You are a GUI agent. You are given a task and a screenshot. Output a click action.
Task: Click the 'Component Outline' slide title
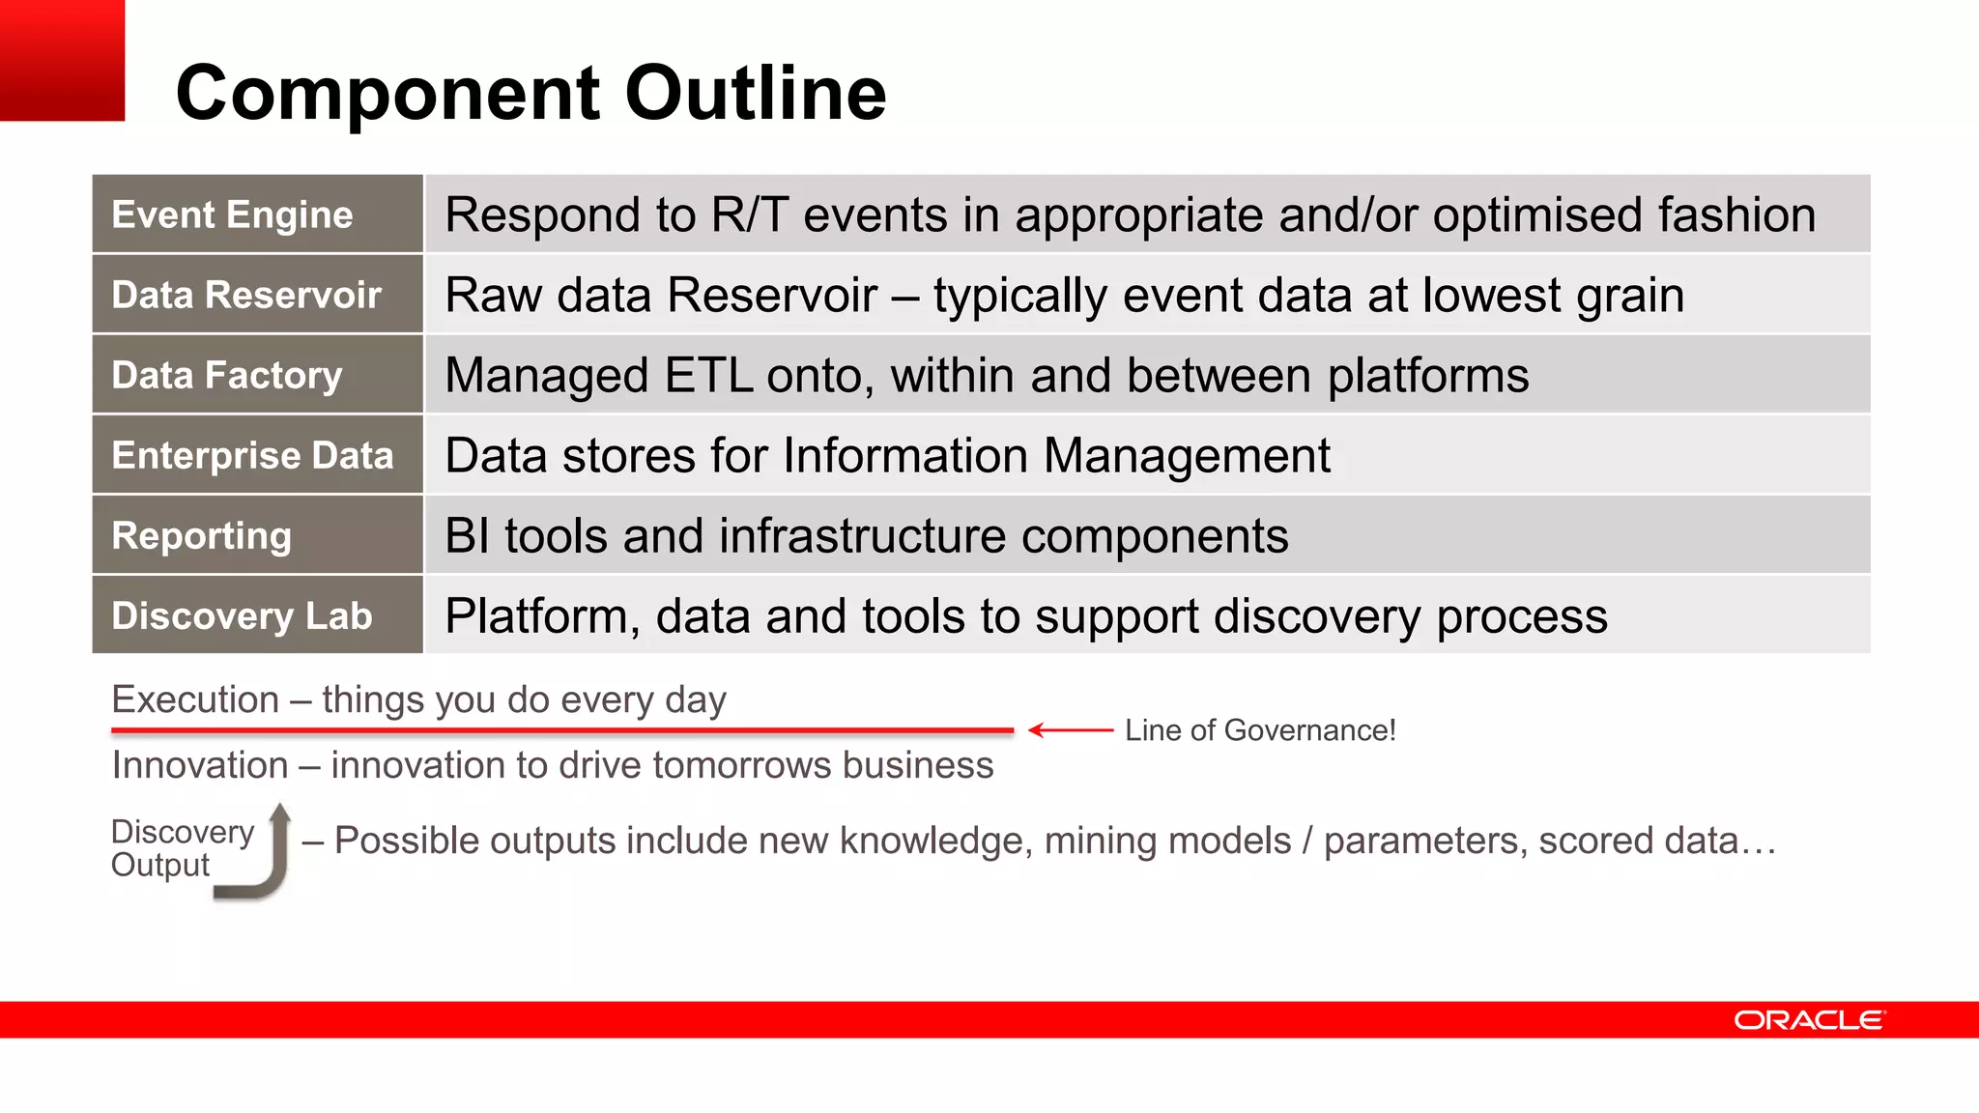pos(531,93)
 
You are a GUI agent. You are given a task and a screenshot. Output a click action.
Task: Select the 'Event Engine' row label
pos(232,214)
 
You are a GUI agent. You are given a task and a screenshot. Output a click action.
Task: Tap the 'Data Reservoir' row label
pos(246,295)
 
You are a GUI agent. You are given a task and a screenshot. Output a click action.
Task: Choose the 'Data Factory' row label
pos(227,375)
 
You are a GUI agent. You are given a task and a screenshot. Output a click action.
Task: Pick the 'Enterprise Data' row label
pos(252,455)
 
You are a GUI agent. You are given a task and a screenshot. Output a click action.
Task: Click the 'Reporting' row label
pos(201,535)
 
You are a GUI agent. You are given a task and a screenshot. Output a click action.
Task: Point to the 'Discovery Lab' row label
pos(242,615)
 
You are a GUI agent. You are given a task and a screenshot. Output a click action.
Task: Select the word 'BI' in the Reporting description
pos(467,535)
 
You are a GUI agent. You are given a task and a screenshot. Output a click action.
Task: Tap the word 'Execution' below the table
pos(195,699)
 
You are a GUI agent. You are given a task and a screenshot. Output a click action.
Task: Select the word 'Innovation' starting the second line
pos(200,765)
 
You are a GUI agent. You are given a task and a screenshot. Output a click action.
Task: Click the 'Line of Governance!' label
pos(1260,730)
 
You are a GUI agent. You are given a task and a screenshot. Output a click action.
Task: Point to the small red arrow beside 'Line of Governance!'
pos(1071,730)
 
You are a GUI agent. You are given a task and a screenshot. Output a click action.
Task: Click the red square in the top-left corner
pos(62,60)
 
